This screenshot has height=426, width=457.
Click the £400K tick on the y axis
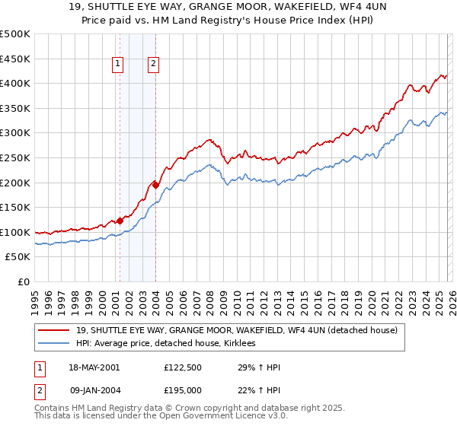tap(14, 83)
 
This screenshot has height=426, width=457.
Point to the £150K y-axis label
tap(14, 207)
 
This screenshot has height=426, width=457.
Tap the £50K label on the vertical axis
tap(18, 257)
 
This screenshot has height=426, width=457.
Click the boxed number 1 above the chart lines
tap(119, 65)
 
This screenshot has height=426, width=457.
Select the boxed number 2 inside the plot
tap(153, 65)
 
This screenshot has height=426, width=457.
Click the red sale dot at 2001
tap(120, 221)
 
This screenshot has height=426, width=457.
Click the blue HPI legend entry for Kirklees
tap(170, 344)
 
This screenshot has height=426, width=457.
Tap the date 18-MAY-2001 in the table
tap(93, 367)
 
